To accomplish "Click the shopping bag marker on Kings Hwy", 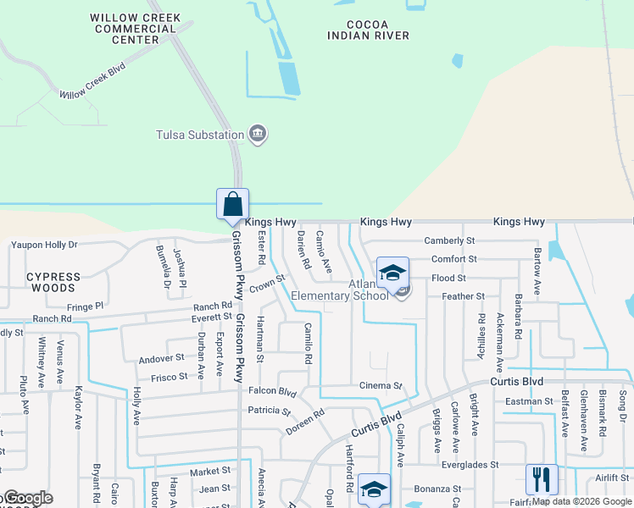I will coord(232,204).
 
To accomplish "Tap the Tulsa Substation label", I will coord(200,134).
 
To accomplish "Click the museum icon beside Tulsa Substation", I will coord(258,134).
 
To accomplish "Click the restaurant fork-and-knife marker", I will coord(542,479).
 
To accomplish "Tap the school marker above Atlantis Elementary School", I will coord(392,273).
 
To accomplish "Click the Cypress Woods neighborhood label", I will coord(53,282).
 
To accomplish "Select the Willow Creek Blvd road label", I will coord(92,82).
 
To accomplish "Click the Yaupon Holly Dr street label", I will coord(43,245).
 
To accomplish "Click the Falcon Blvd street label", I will coord(272,392).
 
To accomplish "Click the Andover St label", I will coord(162,358).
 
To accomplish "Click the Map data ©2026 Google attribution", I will coord(581,501).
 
